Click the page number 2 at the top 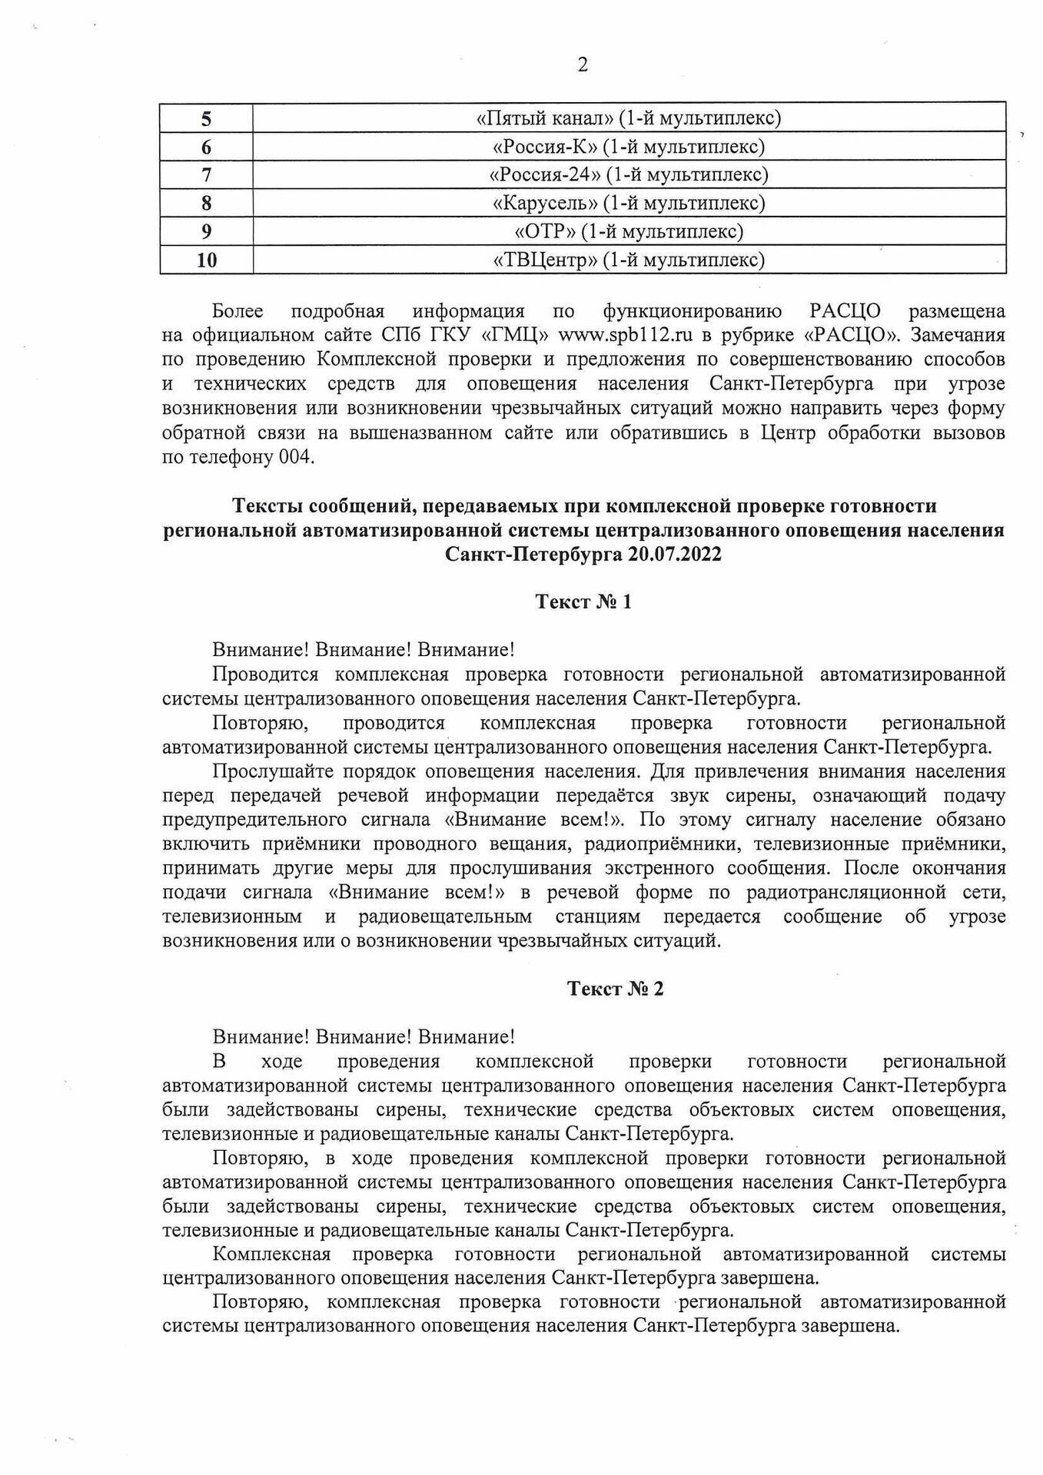click(x=583, y=65)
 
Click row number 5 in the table click(x=206, y=119)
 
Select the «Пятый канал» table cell click(x=629, y=118)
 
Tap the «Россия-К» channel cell click(x=629, y=147)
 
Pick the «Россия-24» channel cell click(x=629, y=175)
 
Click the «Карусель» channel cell click(x=629, y=203)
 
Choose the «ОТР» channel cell click(x=629, y=231)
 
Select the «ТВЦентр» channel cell click(x=629, y=260)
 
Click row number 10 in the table click(x=206, y=260)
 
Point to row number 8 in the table click(x=206, y=204)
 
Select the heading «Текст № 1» click(x=583, y=602)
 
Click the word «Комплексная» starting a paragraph click(x=271, y=1255)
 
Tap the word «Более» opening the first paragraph click(x=237, y=311)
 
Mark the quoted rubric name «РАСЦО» click(x=854, y=335)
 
